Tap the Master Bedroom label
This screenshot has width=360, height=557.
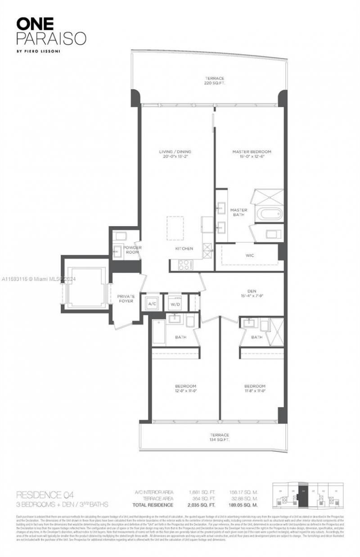point(252,154)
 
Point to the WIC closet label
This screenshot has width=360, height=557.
point(249,255)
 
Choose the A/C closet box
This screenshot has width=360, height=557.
point(152,304)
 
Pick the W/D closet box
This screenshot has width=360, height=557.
point(174,304)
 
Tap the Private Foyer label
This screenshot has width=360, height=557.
point(126,299)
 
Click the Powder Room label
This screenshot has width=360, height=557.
point(132,250)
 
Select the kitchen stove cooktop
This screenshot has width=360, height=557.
point(184,265)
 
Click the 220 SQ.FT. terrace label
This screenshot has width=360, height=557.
point(214,81)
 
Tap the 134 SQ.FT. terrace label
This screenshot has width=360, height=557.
point(219,437)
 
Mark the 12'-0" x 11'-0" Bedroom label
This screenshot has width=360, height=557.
point(185,389)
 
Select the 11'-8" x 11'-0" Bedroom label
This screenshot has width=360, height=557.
point(254,389)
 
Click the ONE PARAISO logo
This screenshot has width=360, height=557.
point(51,32)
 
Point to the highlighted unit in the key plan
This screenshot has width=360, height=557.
point(304,497)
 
